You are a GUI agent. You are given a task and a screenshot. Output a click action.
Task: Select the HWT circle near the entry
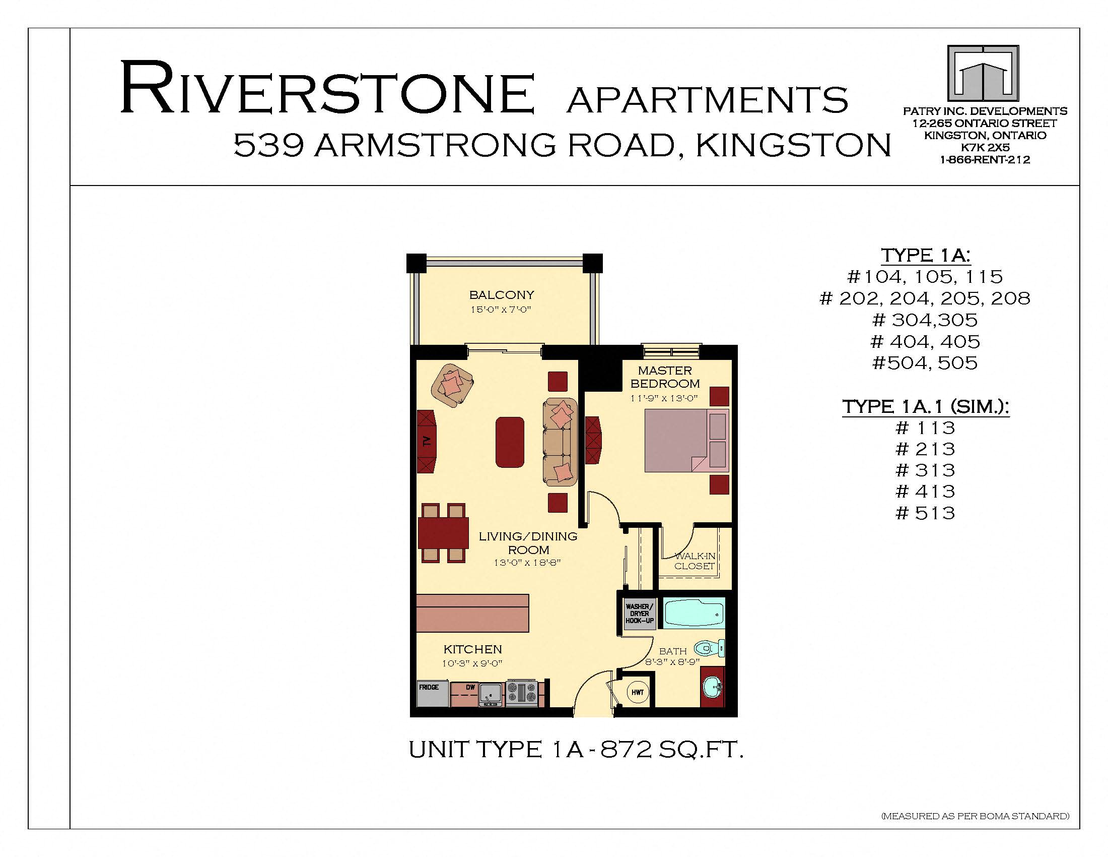click(637, 692)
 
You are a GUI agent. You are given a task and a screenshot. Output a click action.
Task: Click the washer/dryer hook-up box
click(639, 614)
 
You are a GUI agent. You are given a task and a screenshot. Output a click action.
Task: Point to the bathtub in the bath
click(694, 613)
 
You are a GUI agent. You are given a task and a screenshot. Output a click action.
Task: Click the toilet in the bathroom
click(710, 648)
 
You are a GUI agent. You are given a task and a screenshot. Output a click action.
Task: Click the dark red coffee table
click(510, 442)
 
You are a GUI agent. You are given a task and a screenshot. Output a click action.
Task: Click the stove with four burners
click(522, 693)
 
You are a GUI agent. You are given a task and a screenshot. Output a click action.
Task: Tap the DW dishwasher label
click(470, 688)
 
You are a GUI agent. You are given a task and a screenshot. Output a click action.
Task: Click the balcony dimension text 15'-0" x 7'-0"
click(501, 310)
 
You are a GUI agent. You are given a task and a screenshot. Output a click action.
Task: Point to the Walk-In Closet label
click(695, 561)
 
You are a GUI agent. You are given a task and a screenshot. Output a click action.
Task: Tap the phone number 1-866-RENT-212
click(985, 160)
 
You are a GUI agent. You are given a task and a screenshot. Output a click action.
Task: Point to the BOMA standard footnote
click(976, 816)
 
